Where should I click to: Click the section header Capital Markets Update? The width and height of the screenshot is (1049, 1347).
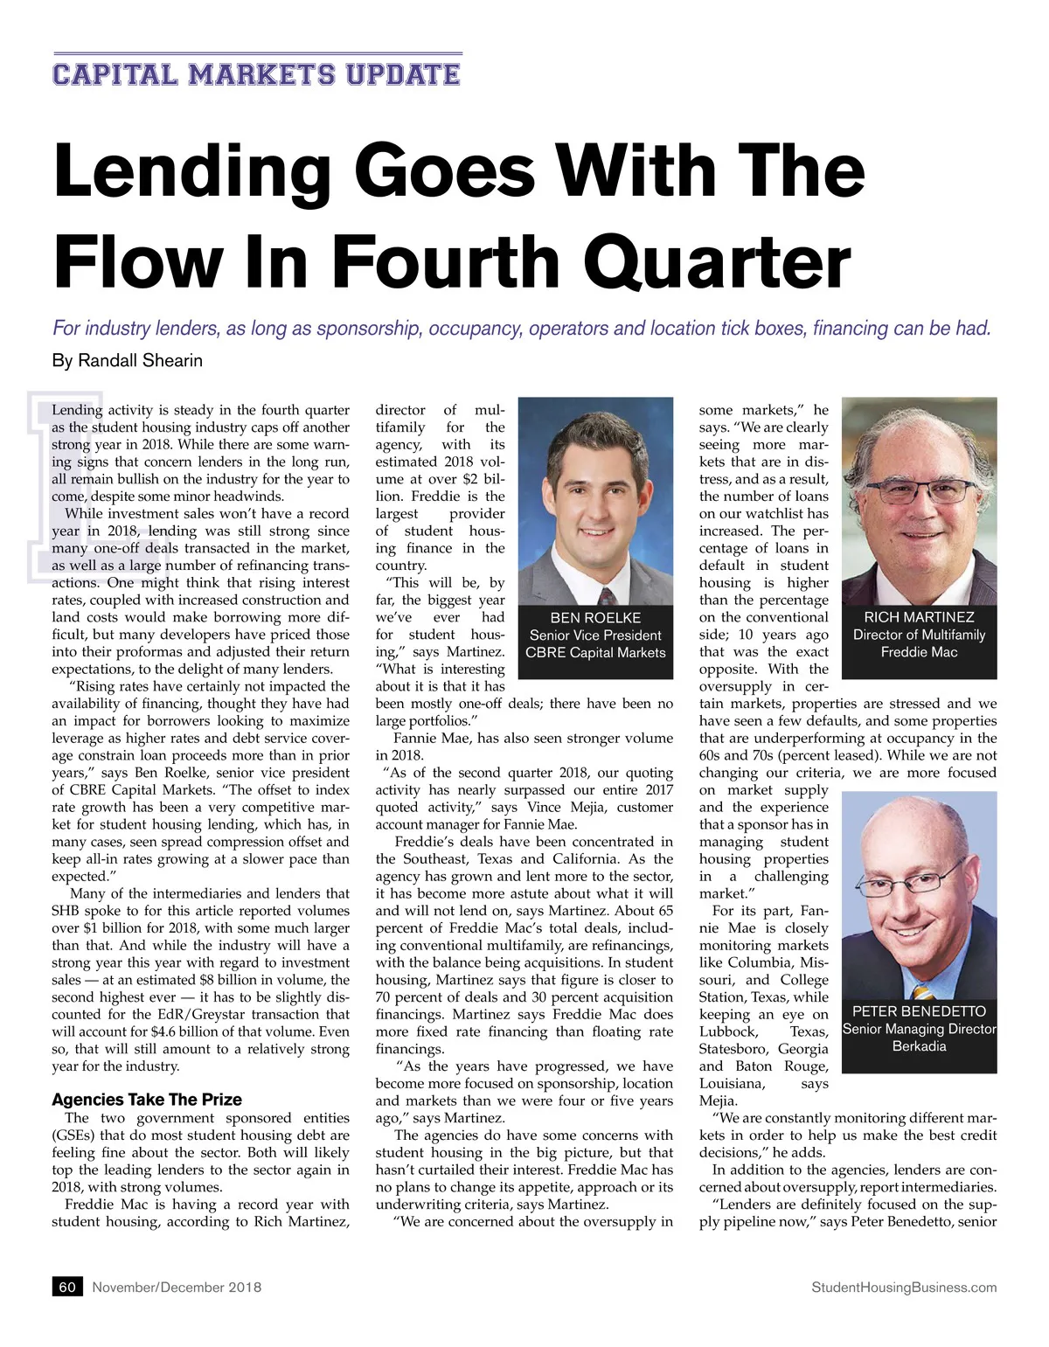pyautogui.click(x=256, y=73)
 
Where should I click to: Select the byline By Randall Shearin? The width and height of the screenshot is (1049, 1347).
pyautogui.click(x=128, y=360)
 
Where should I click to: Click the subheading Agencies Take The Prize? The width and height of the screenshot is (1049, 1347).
pyautogui.click(x=147, y=1100)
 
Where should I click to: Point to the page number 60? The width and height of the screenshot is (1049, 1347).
pyautogui.click(x=67, y=1287)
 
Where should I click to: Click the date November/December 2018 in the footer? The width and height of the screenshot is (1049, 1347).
pyautogui.click(x=177, y=1287)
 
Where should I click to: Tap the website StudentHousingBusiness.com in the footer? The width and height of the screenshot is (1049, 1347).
pyautogui.click(x=904, y=1287)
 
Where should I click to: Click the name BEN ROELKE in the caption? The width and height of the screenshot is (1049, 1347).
pyautogui.click(x=595, y=617)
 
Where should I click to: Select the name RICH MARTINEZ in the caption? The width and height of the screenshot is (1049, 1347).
pyautogui.click(x=919, y=617)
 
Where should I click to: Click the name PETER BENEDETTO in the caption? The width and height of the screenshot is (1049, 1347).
pyautogui.click(x=919, y=1011)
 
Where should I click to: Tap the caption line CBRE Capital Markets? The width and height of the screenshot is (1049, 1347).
pyautogui.click(x=595, y=652)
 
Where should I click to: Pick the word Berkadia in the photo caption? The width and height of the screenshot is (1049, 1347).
pyautogui.click(x=919, y=1046)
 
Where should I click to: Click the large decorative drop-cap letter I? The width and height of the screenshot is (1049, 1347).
pyautogui.click(x=66, y=485)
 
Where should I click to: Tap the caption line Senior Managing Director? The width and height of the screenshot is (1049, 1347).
pyautogui.click(x=919, y=1029)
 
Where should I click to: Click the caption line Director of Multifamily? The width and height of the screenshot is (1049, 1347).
pyautogui.click(x=919, y=635)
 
